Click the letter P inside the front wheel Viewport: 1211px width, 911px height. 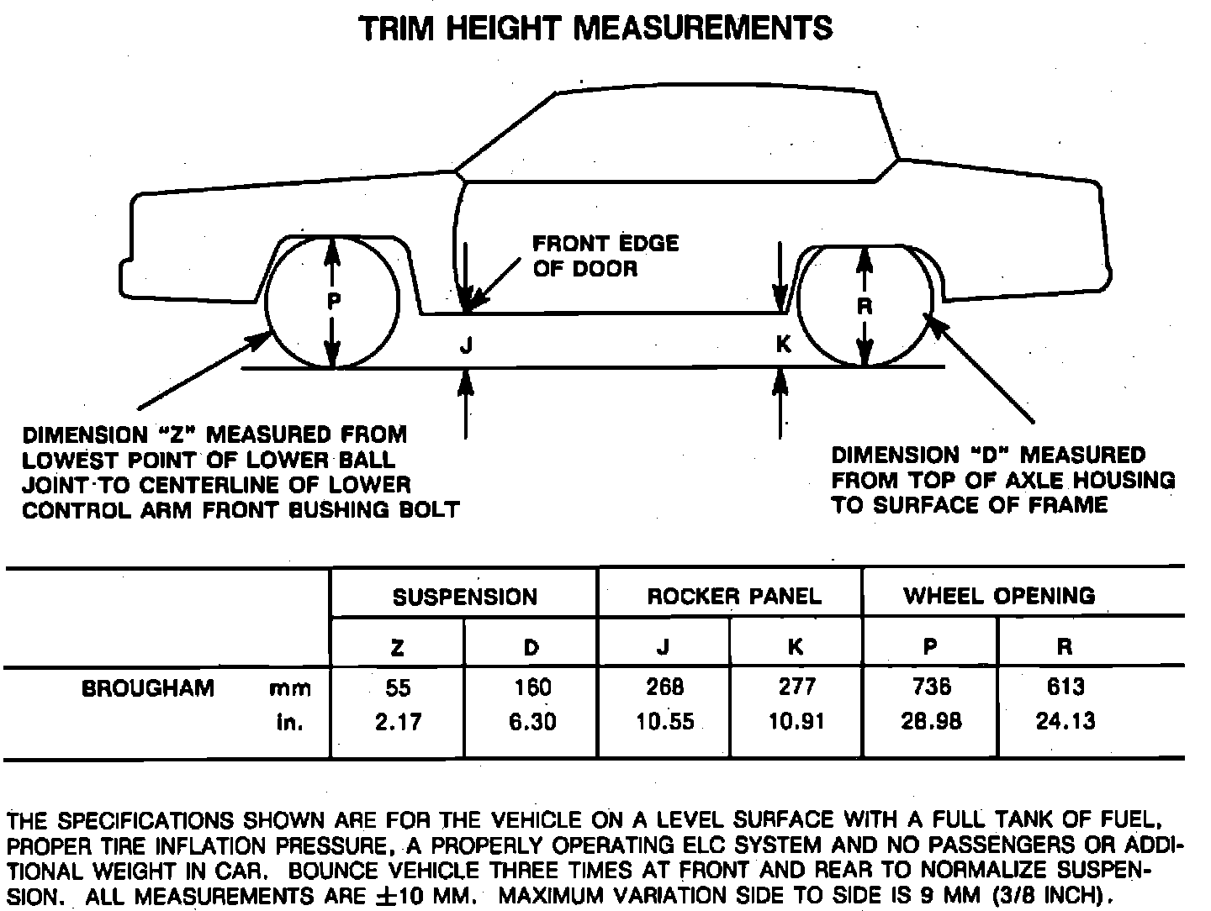coord(334,302)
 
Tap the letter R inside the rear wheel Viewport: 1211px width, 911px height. coord(864,307)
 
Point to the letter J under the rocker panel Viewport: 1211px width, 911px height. coord(467,345)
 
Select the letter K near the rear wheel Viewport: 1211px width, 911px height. coord(783,345)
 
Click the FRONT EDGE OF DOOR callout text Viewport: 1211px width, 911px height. coord(605,256)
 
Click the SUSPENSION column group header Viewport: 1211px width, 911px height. coord(464,597)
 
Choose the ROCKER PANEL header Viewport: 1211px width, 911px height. coord(733,597)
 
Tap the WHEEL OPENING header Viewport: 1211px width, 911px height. coord(999,596)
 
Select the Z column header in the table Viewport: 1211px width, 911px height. coord(398,647)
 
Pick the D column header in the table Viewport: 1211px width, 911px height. coord(531,647)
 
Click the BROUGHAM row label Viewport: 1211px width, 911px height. coord(148,688)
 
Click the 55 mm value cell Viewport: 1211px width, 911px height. coord(398,688)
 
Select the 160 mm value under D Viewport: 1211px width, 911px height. coord(532,688)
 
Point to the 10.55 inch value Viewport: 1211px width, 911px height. coord(665,722)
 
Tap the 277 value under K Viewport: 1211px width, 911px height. coord(797,688)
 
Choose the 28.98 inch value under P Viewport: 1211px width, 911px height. coord(931,722)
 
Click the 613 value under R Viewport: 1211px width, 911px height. coord(1066,688)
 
